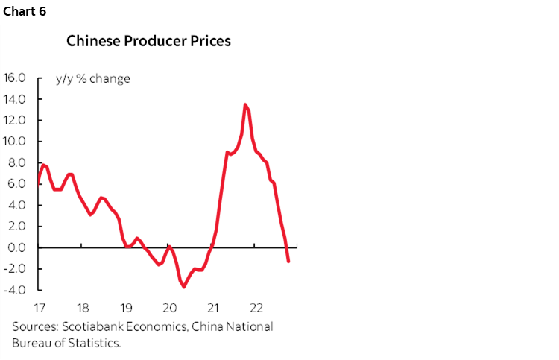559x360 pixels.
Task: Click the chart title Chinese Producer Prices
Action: (148, 40)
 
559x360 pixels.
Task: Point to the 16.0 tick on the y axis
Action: (15, 78)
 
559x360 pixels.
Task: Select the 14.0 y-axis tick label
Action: (15, 99)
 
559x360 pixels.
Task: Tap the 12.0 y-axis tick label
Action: (15, 120)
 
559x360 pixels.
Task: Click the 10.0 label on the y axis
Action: (15, 142)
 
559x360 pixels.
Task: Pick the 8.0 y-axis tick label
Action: (18, 162)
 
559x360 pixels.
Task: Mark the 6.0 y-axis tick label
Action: (18, 184)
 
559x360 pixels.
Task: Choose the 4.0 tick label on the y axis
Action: (18, 205)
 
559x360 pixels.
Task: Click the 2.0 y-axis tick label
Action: (18, 227)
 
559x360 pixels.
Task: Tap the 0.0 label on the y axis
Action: (18, 247)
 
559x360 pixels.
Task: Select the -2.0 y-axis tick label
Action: (16, 268)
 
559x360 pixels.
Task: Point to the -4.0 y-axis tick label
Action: (16, 290)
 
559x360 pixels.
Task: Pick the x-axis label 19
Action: (126, 308)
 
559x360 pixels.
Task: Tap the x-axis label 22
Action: (256, 308)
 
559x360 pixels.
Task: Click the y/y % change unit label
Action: (93, 78)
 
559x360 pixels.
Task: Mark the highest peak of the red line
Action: (245, 104)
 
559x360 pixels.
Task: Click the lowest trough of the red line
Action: (183, 287)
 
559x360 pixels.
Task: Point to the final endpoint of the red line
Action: (288, 262)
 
